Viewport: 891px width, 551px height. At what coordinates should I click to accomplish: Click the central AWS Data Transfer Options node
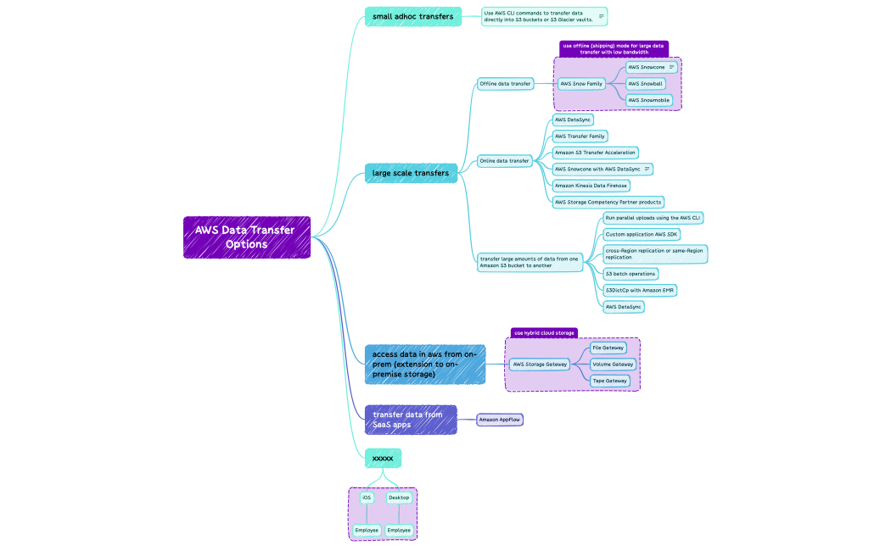pyautogui.click(x=246, y=237)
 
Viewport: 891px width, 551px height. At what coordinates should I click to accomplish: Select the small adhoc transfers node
pyautogui.click(x=412, y=16)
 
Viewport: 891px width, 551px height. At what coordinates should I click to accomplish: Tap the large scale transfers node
pyautogui.click(x=411, y=173)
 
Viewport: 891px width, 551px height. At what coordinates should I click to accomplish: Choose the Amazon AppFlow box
pyautogui.click(x=499, y=420)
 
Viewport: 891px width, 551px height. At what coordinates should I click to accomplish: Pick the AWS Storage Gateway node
pyautogui.click(x=540, y=365)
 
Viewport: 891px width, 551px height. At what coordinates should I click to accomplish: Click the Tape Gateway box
pyautogui.click(x=609, y=381)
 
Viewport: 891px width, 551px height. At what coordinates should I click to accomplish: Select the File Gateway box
pyautogui.click(x=608, y=348)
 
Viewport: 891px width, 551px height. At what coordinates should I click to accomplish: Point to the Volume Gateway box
pyautogui.click(x=613, y=365)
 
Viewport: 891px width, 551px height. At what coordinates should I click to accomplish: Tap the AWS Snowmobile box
pyautogui.click(x=649, y=100)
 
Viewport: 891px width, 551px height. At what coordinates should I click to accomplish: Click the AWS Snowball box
pyautogui.click(x=645, y=84)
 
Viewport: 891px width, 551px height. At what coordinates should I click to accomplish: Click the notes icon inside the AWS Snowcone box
pyautogui.click(x=672, y=67)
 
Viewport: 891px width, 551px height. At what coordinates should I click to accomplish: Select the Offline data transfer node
pyautogui.click(x=505, y=83)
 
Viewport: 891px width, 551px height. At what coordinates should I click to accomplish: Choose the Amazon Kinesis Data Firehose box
pyautogui.click(x=591, y=186)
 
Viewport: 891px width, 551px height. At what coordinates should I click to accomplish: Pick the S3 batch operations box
pyautogui.click(x=630, y=274)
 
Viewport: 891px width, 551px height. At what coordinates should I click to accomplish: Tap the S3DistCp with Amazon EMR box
pyautogui.click(x=640, y=290)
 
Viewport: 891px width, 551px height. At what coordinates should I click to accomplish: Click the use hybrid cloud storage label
pyautogui.click(x=544, y=333)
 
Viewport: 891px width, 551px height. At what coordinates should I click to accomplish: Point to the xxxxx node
pyautogui.click(x=383, y=458)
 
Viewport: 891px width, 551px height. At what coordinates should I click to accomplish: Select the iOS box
pyautogui.click(x=367, y=498)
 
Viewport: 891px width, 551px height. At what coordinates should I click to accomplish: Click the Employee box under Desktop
pyautogui.click(x=399, y=531)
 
